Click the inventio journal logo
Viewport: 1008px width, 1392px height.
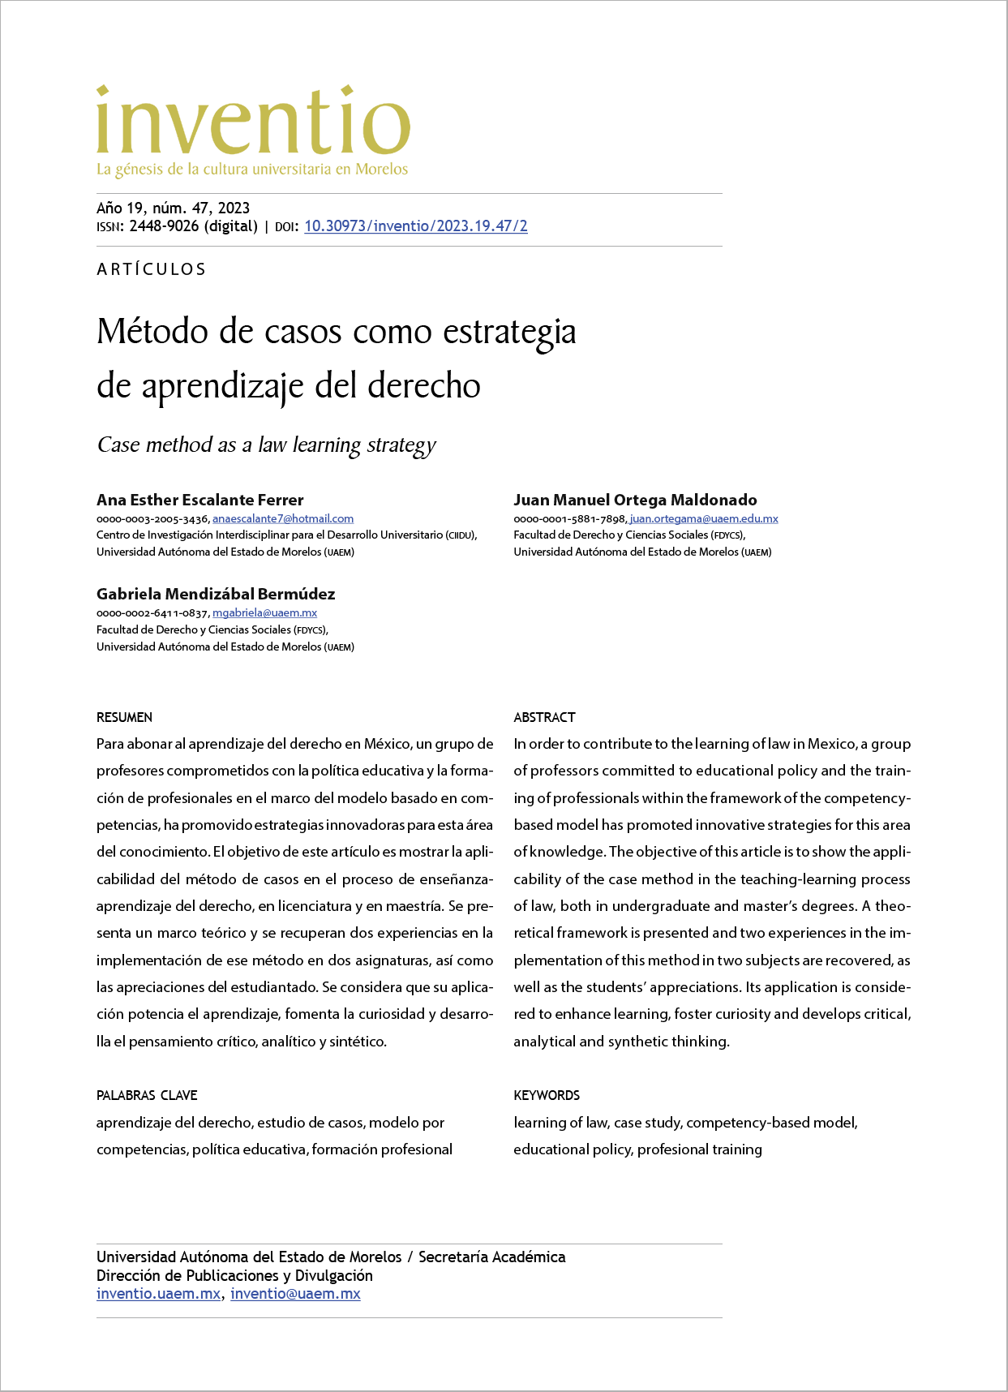pos(253,122)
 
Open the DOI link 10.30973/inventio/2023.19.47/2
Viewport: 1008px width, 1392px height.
pos(415,226)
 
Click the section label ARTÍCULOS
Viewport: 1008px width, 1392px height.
pos(152,269)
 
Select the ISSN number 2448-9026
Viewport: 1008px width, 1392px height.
pos(164,226)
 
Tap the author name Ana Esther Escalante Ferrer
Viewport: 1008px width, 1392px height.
pos(199,500)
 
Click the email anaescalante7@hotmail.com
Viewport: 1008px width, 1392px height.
pos(283,518)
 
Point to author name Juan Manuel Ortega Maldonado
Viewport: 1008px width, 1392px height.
pos(635,500)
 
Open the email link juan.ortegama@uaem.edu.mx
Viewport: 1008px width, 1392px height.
pos(704,518)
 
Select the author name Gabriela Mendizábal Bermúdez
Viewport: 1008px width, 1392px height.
pos(216,594)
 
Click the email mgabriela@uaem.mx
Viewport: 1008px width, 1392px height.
pos(264,613)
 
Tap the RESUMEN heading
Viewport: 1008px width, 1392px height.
pos(124,717)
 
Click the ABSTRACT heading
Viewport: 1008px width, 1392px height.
pos(544,717)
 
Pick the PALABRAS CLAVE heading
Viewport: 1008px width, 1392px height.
pos(147,1095)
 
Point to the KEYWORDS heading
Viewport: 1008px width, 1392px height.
pos(547,1095)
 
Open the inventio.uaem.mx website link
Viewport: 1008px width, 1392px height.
pos(158,1294)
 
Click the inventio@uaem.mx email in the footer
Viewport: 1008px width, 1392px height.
pos(295,1294)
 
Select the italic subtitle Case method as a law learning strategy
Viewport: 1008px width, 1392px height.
pos(266,445)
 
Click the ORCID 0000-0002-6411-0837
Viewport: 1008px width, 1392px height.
pos(152,613)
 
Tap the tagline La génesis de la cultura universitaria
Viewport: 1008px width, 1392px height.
pos(252,170)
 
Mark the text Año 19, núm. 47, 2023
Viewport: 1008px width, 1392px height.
pos(173,208)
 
